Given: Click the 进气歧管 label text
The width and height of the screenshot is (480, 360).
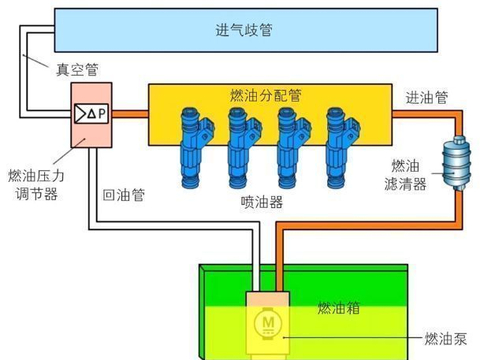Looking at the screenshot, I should (244, 30).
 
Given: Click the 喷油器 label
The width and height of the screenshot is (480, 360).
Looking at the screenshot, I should (262, 201).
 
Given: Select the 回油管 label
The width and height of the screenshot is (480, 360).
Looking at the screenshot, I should (124, 195).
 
